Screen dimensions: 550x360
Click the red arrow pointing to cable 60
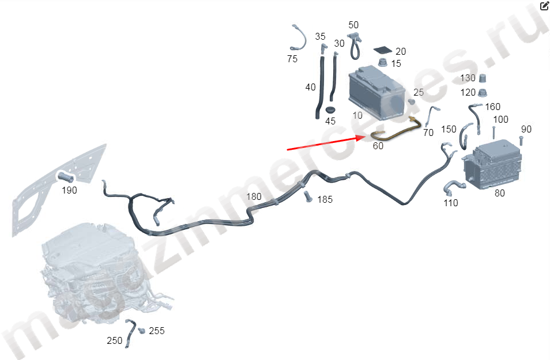pos(327,143)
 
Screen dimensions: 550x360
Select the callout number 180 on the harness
pos(254,196)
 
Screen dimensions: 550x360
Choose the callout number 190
pos(69,190)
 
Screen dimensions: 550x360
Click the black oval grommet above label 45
pos(330,109)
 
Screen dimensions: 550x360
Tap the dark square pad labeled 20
pos(383,50)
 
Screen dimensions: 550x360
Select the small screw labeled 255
pos(142,331)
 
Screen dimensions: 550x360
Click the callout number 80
pos(499,193)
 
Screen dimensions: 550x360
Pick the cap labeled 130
pos(483,78)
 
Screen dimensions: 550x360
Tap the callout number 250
pos(114,340)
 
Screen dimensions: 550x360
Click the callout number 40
pos(310,87)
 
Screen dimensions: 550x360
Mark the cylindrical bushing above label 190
pos(66,177)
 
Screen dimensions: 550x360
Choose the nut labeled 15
pos(383,63)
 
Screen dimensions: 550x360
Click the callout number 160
pos(492,107)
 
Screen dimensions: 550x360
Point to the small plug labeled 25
pos(412,101)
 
